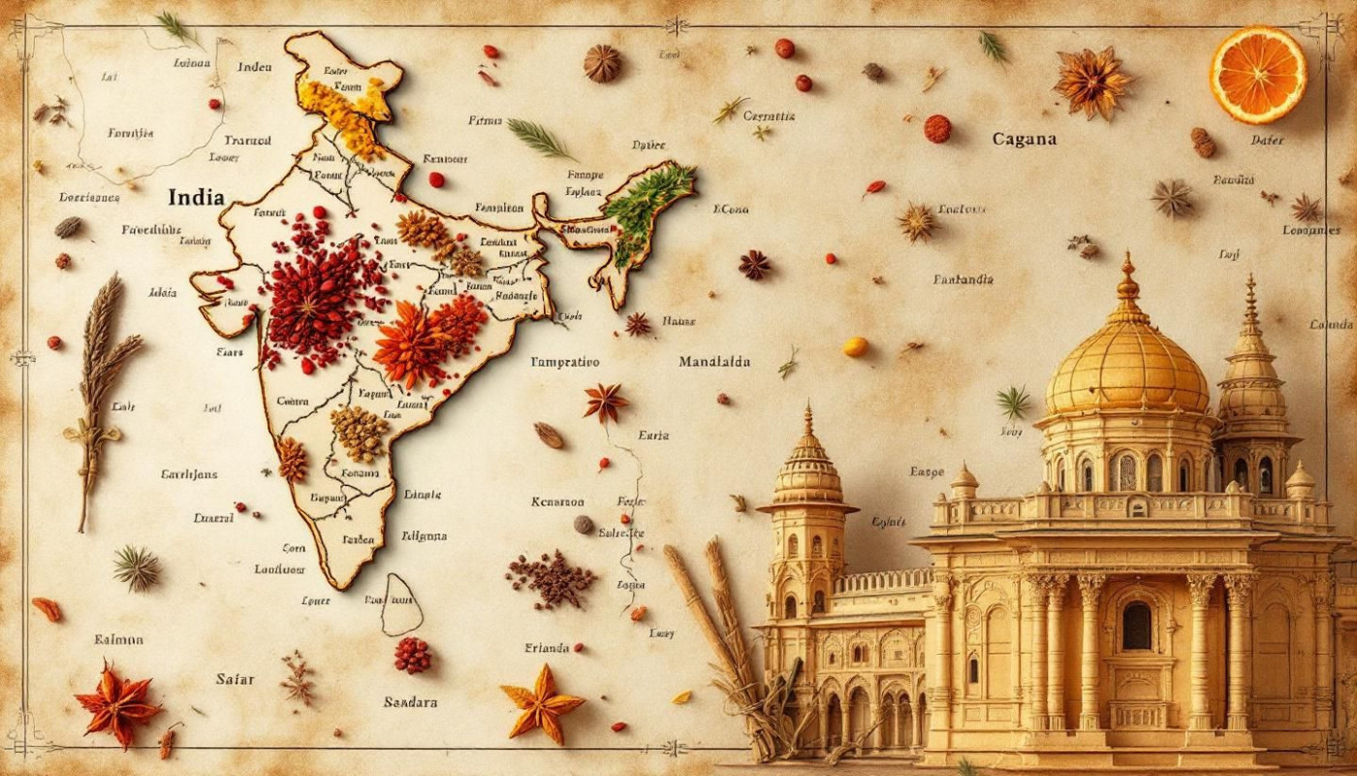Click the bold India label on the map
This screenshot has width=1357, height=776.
[x=196, y=197]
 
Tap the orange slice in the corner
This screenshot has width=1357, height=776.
[x=1258, y=75]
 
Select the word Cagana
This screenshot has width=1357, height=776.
[x=1025, y=139]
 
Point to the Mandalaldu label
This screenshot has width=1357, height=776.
[x=714, y=362]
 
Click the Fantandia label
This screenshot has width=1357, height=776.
[x=963, y=279]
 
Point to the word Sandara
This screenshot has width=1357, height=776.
[x=410, y=701]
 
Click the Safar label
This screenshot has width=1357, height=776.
[x=235, y=679]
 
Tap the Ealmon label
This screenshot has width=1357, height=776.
[x=118, y=639]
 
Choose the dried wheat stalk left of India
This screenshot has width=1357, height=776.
[x=99, y=388]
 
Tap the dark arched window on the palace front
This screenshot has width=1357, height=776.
[x=1136, y=626]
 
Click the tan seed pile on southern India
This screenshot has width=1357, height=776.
[x=359, y=433]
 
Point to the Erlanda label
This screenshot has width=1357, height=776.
[x=548, y=648]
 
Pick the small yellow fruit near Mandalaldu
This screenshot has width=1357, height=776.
[x=855, y=346]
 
